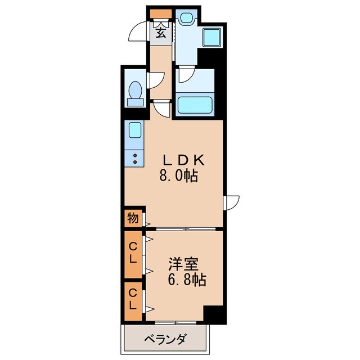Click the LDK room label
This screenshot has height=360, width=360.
tap(184, 160)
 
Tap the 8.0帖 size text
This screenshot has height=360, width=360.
tap(179, 176)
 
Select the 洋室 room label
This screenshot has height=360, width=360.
tap(184, 264)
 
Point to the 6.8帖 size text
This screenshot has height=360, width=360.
tap(187, 280)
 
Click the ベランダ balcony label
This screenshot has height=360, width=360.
tap(165, 339)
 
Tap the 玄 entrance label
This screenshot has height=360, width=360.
tap(161, 33)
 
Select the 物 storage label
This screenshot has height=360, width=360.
tap(133, 218)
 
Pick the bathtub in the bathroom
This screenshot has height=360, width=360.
tap(195, 105)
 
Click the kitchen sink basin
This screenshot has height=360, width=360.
tap(135, 130)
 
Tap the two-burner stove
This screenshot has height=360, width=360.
tap(135, 158)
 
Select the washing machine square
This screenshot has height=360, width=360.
tap(212, 38)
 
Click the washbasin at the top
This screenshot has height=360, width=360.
tap(186, 17)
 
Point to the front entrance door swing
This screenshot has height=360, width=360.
tap(137, 31)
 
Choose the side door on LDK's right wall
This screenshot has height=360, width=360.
tap(231, 202)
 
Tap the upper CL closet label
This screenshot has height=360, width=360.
tap(133, 253)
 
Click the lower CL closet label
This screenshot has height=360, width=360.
tap(133, 299)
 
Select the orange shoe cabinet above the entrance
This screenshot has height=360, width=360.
tap(161, 13)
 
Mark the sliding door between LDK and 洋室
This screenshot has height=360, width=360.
tap(186, 229)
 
